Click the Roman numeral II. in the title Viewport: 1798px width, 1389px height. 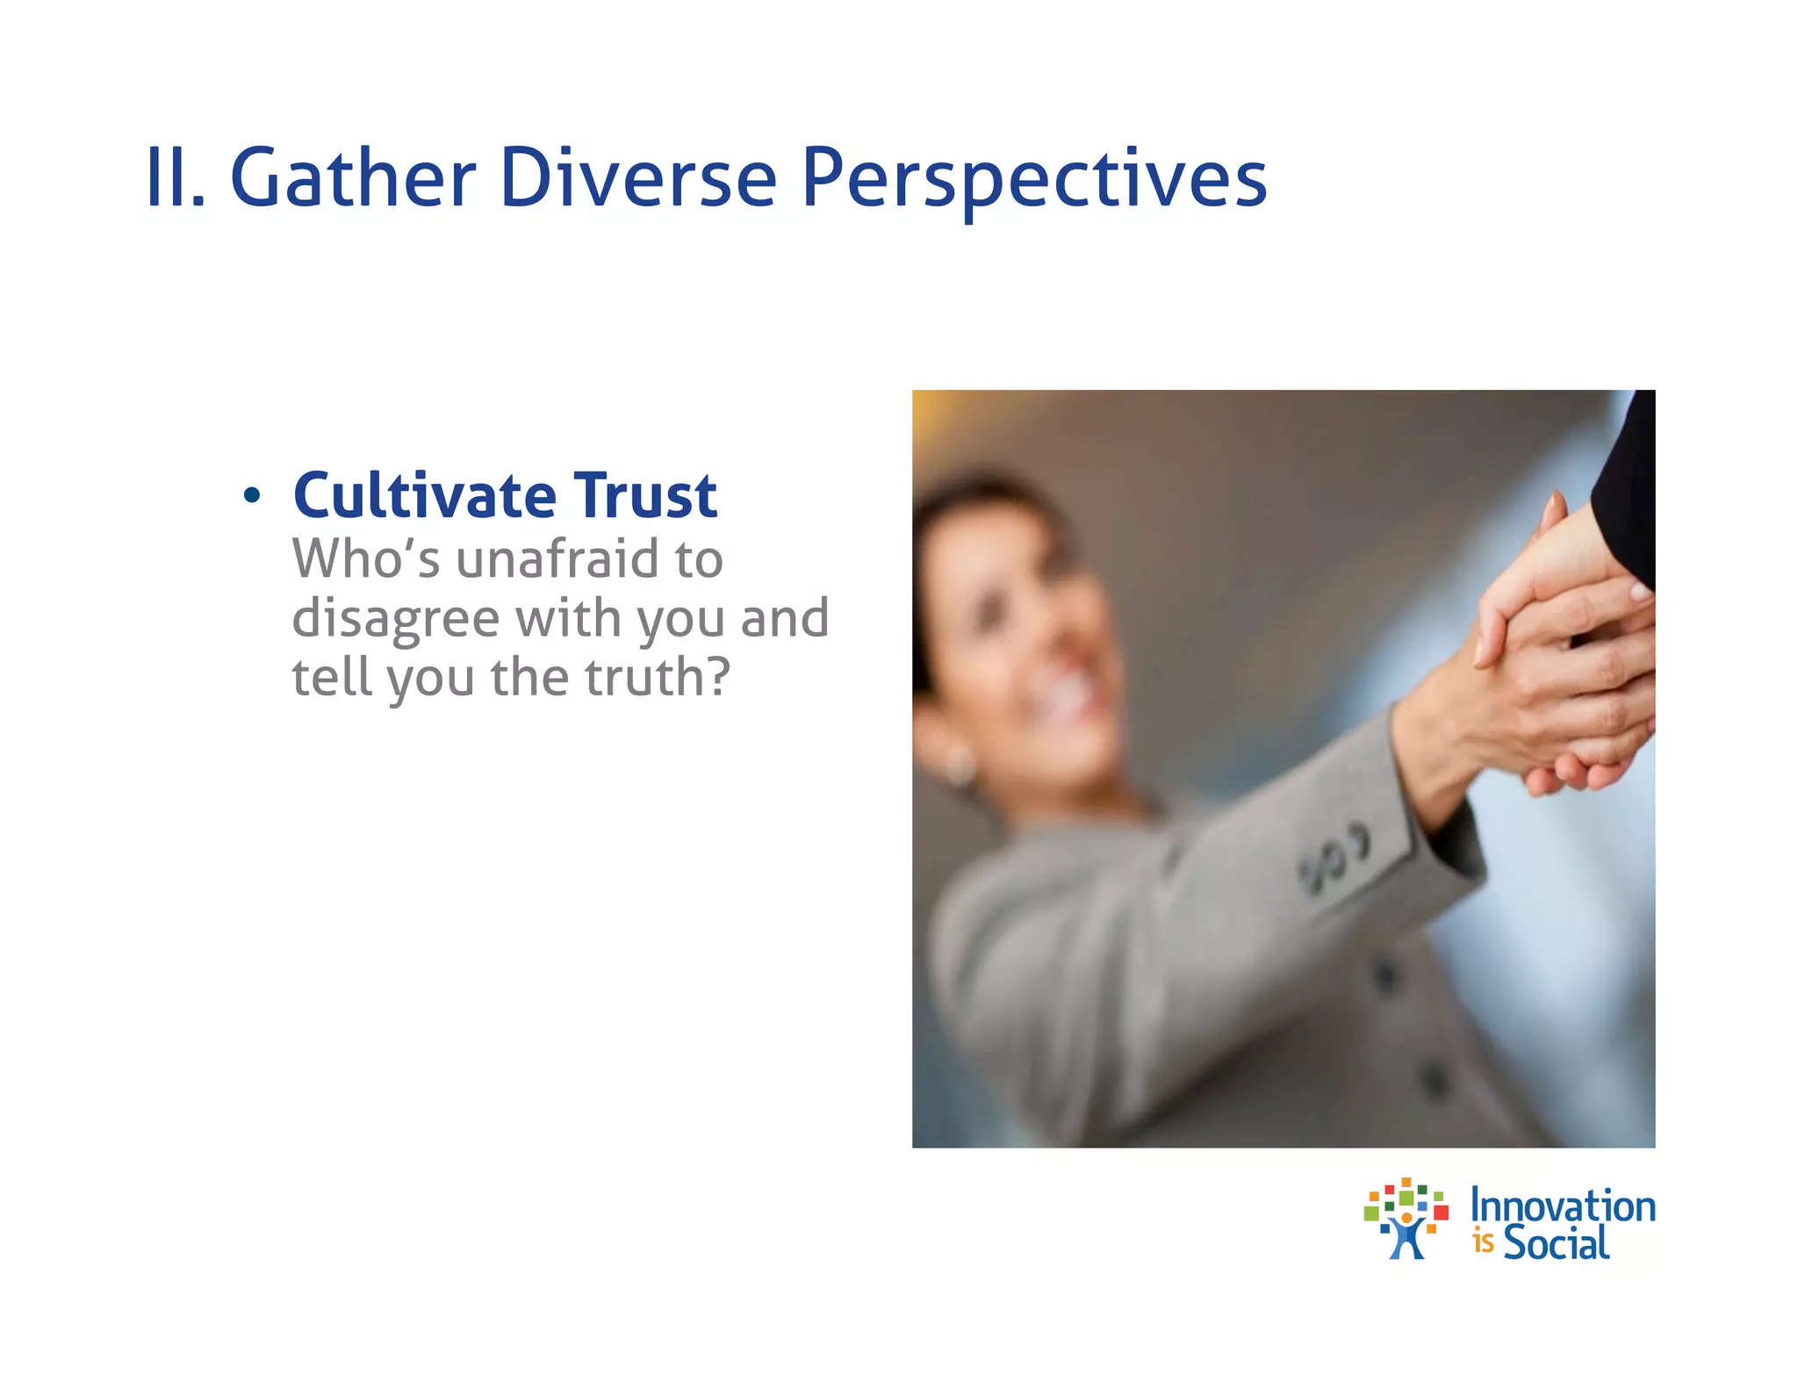(x=175, y=179)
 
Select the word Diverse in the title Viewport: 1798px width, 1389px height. (x=638, y=179)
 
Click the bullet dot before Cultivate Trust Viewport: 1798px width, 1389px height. (x=252, y=496)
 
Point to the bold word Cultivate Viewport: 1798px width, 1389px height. (x=425, y=496)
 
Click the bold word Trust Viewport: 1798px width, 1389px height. (x=645, y=496)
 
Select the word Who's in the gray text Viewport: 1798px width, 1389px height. (x=365, y=559)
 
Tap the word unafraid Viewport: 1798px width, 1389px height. (x=557, y=559)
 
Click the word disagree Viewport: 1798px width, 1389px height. (x=395, y=620)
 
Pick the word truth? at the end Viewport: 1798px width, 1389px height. (x=658, y=678)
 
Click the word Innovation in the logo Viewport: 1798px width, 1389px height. (x=1563, y=1206)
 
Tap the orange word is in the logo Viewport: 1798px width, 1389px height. (x=1484, y=1242)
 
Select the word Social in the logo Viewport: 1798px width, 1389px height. (x=1556, y=1242)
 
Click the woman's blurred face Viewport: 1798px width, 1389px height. (x=1027, y=632)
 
